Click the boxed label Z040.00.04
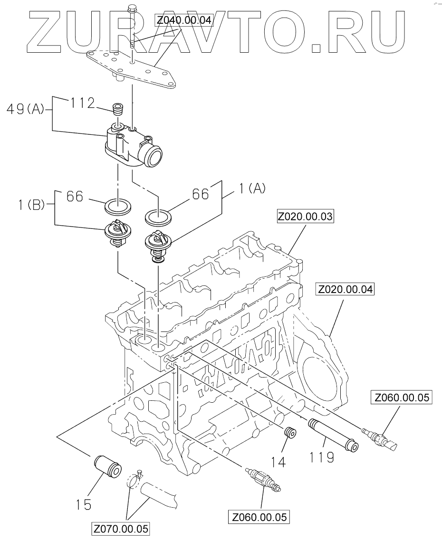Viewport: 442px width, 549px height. click(x=184, y=20)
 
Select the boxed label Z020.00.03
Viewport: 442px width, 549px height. click(x=305, y=217)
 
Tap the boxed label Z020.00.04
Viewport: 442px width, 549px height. click(x=345, y=290)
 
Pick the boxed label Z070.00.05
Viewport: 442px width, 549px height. click(x=121, y=529)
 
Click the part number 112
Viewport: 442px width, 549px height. click(x=83, y=103)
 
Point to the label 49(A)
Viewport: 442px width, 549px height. click(x=25, y=110)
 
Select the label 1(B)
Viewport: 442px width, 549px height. click(x=32, y=205)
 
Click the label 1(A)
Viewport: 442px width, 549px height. click(x=252, y=189)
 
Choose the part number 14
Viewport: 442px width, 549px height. click(x=278, y=462)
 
